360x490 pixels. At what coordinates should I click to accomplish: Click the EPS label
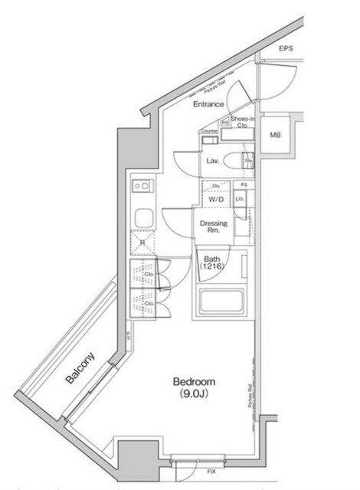286,49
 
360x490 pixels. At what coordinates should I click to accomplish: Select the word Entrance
208,104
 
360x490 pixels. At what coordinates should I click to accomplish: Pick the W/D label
215,199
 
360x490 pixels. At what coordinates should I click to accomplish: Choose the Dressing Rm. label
213,227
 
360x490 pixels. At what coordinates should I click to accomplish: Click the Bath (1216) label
211,263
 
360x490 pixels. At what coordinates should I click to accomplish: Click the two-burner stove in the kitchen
142,186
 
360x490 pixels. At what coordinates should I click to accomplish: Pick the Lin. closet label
240,199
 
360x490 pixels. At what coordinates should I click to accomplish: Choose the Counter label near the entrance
210,132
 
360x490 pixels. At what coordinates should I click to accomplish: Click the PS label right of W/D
244,185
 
